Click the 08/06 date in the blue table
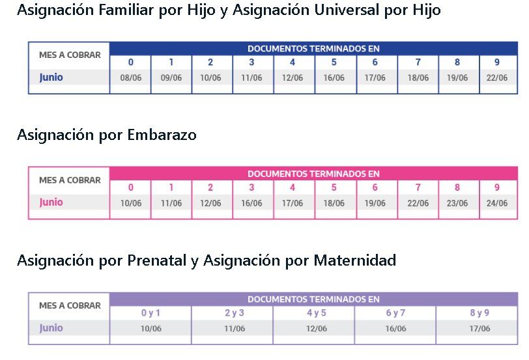pyautogui.click(x=130, y=77)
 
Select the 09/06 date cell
pyautogui.click(x=171, y=77)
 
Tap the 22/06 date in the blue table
pyautogui.click(x=497, y=77)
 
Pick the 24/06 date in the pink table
pyautogui.click(x=497, y=203)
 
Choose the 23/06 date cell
pyautogui.click(x=457, y=203)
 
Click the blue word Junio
pyautogui.click(x=51, y=77)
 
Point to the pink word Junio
pyautogui.click(x=51, y=202)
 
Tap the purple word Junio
pyautogui.click(x=51, y=328)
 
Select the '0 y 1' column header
pyautogui.click(x=150, y=312)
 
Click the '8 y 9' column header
pyautogui.click(x=479, y=312)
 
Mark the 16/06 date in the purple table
pyautogui.click(x=395, y=329)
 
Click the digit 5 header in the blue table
pyautogui.click(x=334, y=62)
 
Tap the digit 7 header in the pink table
pyautogui.click(x=418, y=187)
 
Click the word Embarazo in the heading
pyautogui.click(x=164, y=135)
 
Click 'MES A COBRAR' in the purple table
pyautogui.click(x=70, y=305)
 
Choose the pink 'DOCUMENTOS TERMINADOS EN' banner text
pyautogui.click(x=313, y=174)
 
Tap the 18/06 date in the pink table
pyautogui.click(x=334, y=203)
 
